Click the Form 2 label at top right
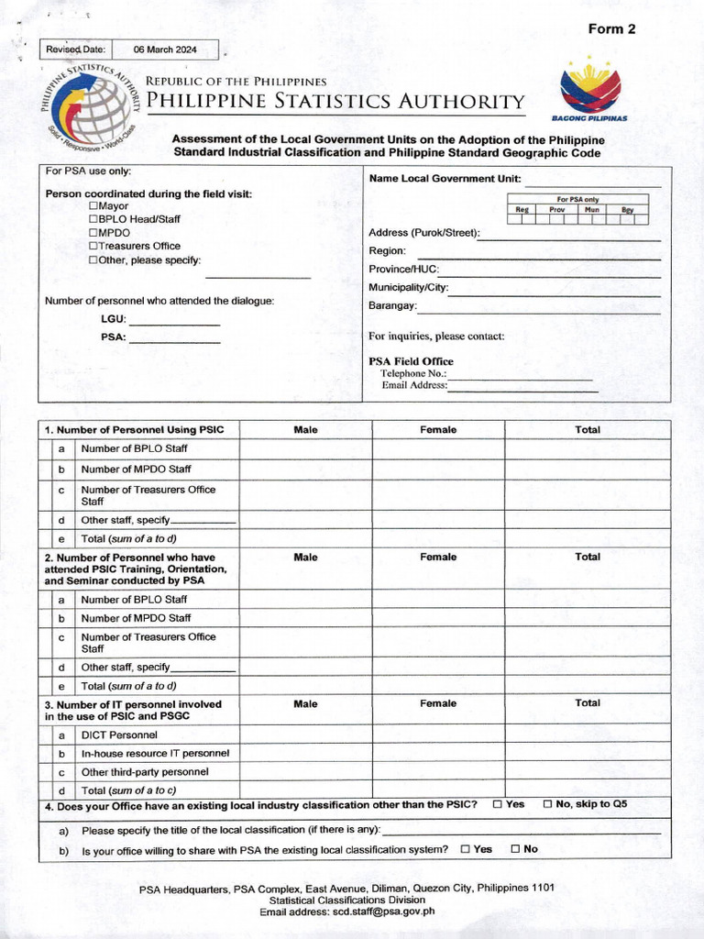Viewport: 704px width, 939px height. point(611,29)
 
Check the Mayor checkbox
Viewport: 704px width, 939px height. point(93,206)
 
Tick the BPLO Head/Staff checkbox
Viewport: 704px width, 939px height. point(93,220)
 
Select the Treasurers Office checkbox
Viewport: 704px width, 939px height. point(93,247)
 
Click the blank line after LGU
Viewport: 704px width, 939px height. point(174,321)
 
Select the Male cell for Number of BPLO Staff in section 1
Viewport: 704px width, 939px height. point(305,449)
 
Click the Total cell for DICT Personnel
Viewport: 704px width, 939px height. point(587,735)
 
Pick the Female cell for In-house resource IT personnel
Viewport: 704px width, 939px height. point(437,754)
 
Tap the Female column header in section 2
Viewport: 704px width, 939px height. point(437,557)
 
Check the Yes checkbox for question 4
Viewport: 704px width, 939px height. point(497,804)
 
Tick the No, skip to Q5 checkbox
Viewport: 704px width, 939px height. point(547,804)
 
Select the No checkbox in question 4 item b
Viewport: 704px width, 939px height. point(515,849)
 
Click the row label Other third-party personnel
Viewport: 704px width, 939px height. point(145,772)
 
